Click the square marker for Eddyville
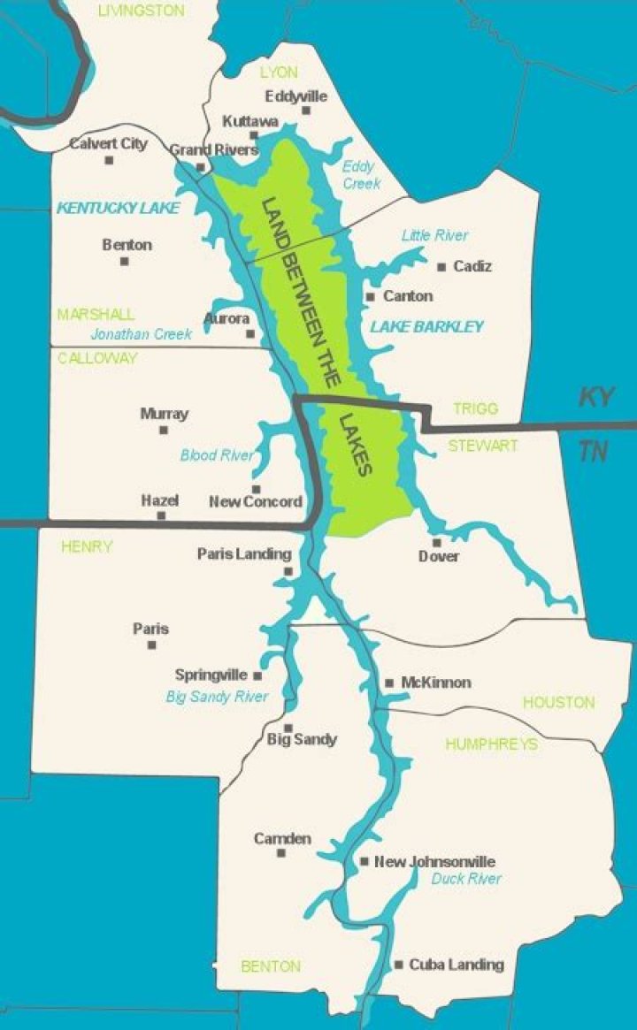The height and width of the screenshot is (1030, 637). [306, 111]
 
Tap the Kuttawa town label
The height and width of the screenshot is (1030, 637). [250, 120]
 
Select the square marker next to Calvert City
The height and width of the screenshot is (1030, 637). [110, 160]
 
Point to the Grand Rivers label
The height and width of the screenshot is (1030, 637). [213, 149]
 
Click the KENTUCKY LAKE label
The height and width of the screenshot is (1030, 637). [118, 209]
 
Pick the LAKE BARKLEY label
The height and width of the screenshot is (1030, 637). [426, 327]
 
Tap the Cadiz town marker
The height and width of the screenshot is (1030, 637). [441, 266]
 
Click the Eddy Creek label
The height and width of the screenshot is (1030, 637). [361, 174]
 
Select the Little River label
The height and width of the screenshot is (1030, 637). [434, 235]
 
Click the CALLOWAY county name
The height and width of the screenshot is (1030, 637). [97, 358]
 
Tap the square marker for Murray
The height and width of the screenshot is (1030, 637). [164, 431]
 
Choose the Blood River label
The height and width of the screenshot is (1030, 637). [217, 456]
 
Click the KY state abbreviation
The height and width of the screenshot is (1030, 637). [597, 397]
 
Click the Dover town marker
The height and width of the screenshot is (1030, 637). [436, 542]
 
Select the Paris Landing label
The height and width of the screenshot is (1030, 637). [243, 554]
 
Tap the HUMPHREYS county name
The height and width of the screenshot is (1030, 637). [491, 744]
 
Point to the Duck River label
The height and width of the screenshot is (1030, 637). [466, 879]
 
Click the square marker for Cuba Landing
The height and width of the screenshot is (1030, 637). [399, 965]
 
